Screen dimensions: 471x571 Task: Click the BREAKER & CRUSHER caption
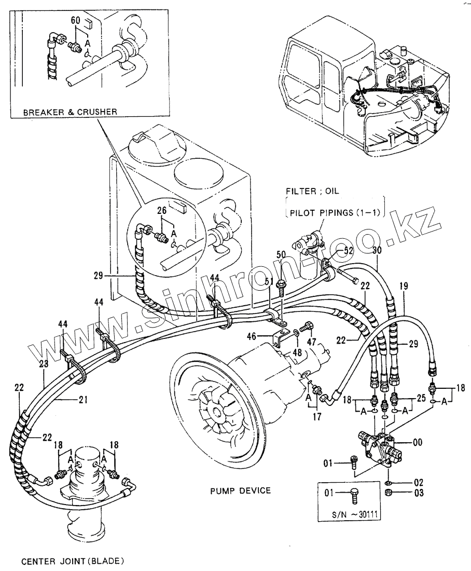coord(70,112)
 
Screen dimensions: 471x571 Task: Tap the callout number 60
coord(75,20)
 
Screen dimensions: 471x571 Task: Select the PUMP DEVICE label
coord(241,490)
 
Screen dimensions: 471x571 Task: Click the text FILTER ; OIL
coord(312,191)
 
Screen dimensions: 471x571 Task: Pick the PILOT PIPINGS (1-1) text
coord(335,213)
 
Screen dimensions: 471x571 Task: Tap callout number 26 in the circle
coord(162,210)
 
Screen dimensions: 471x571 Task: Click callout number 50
coord(281,254)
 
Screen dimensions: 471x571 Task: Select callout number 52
coord(349,250)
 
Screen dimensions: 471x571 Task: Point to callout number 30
coord(377,251)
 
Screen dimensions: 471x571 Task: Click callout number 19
coord(404,285)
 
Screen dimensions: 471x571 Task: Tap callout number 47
coord(312,342)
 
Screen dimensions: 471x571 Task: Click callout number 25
coord(421,398)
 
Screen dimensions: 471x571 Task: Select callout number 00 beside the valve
coord(418,442)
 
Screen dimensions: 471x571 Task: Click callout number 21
coord(84,400)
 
